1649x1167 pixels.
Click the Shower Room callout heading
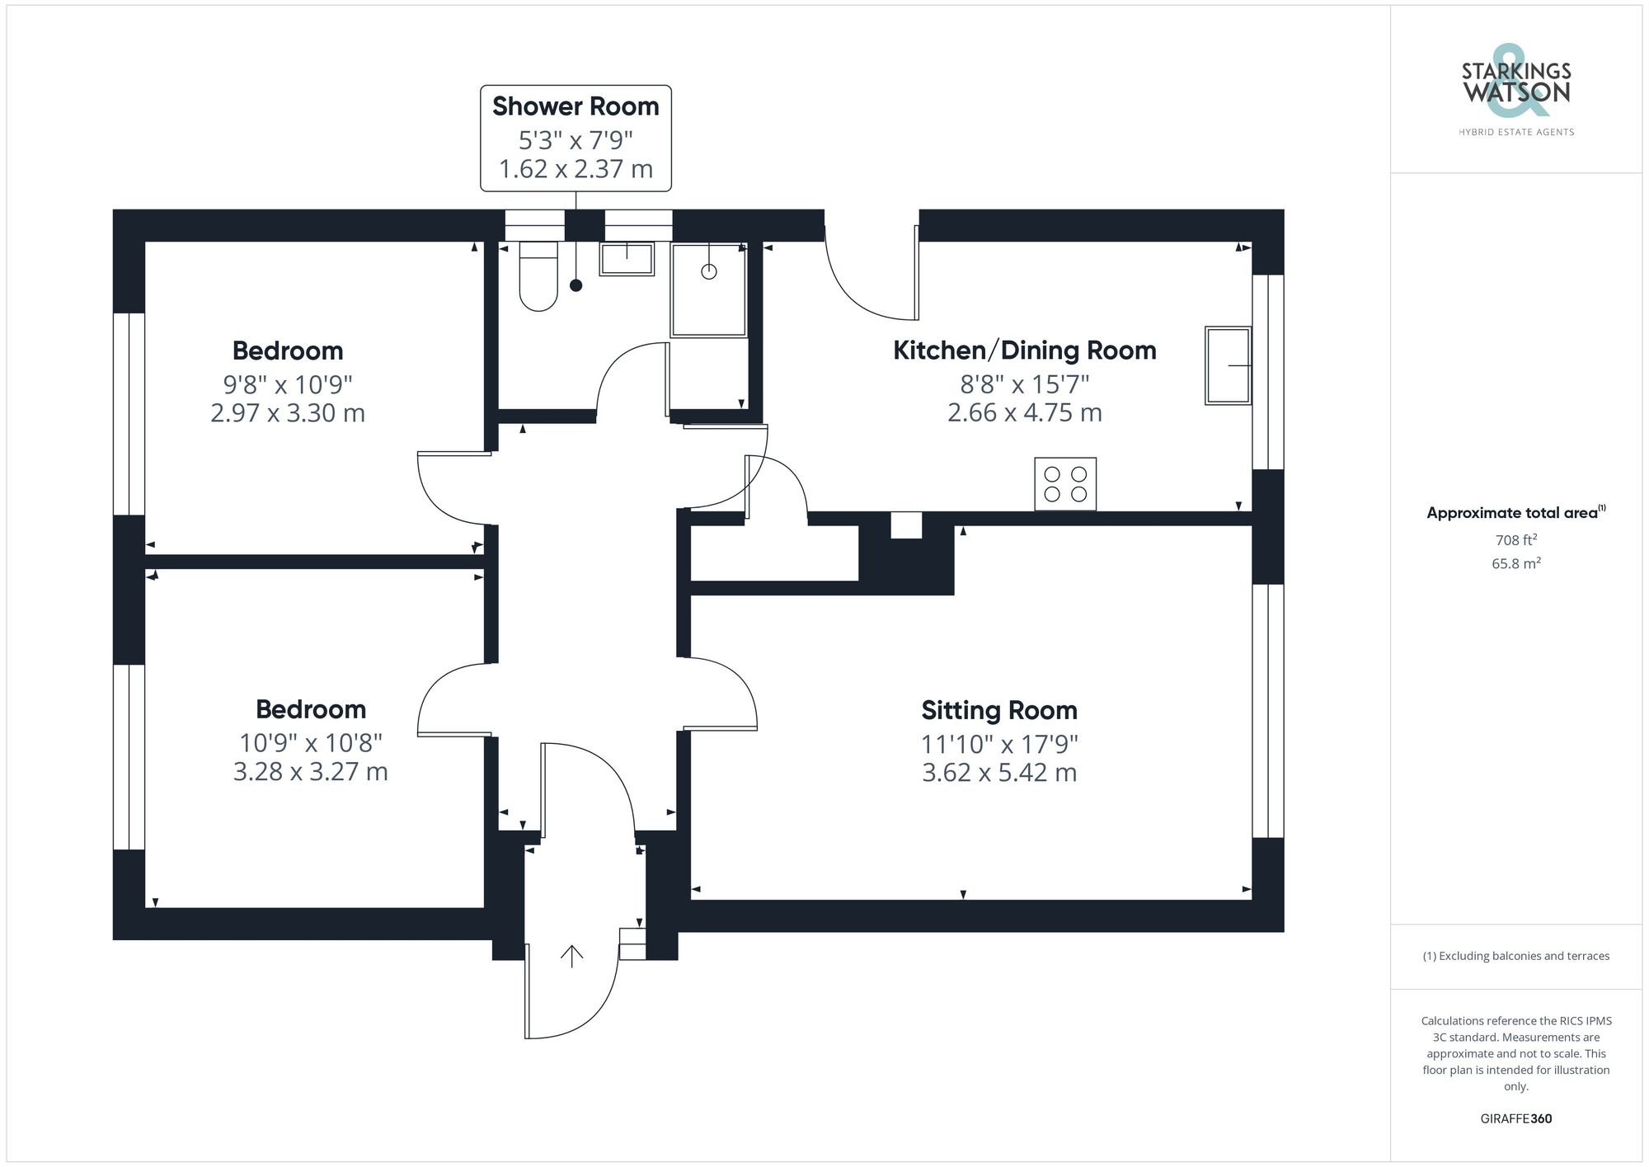click(576, 106)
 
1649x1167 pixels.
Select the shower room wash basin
click(627, 259)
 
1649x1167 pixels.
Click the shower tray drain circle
click(709, 271)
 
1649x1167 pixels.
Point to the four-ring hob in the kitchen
click(1065, 484)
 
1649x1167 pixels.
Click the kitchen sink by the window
click(1228, 365)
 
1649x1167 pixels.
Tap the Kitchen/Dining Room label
click(1024, 351)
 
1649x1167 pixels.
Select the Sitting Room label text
click(999, 710)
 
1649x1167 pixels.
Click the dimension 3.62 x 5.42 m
click(999, 773)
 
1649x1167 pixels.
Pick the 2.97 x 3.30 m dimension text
click(288, 412)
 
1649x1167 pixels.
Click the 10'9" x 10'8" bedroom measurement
click(311, 743)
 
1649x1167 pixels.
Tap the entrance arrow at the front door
click(572, 956)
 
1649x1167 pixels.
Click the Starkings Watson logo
click(1515, 86)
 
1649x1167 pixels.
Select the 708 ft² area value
click(1515, 540)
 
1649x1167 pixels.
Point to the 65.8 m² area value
click(1515, 563)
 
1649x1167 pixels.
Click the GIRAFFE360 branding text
click(1515, 1118)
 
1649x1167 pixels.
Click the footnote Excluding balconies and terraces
click(1515, 956)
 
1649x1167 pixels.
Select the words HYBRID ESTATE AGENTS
click(1515, 132)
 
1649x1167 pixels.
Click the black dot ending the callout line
click(576, 285)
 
